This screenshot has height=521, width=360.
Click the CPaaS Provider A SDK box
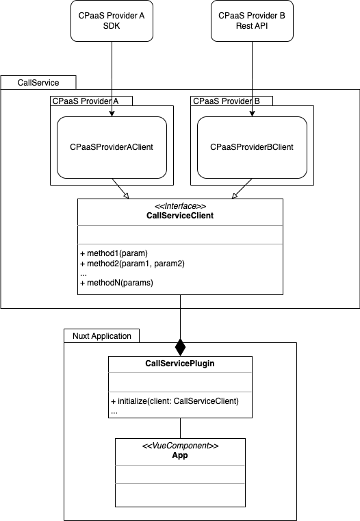(x=112, y=21)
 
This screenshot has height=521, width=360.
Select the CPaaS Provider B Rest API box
(x=252, y=21)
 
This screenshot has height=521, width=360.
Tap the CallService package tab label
(x=38, y=83)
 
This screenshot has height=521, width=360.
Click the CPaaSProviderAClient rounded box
(x=112, y=147)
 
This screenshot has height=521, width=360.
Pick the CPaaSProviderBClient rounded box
(x=252, y=147)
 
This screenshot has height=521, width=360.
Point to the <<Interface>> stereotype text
(x=180, y=206)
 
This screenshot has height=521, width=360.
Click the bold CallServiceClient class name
(x=180, y=216)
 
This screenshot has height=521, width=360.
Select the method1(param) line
(x=114, y=253)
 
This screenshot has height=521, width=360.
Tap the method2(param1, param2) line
(x=132, y=264)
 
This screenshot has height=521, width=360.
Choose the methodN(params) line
(x=116, y=283)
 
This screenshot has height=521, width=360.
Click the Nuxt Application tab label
(x=102, y=336)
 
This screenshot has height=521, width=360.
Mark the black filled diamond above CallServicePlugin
(x=180, y=347)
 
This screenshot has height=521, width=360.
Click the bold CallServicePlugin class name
(x=180, y=364)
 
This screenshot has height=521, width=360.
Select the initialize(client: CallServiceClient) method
(x=175, y=401)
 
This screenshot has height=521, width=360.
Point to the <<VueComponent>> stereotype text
(x=180, y=446)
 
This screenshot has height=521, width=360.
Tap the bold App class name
(x=180, y=455)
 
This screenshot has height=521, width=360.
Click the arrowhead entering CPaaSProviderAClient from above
(x=112, y=113)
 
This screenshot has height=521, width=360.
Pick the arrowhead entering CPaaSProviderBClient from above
(x=252, y=113)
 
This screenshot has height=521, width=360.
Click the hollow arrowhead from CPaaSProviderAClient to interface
(x=126, y=196)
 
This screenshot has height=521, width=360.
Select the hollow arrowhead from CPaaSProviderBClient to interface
(x=235, y=196)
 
